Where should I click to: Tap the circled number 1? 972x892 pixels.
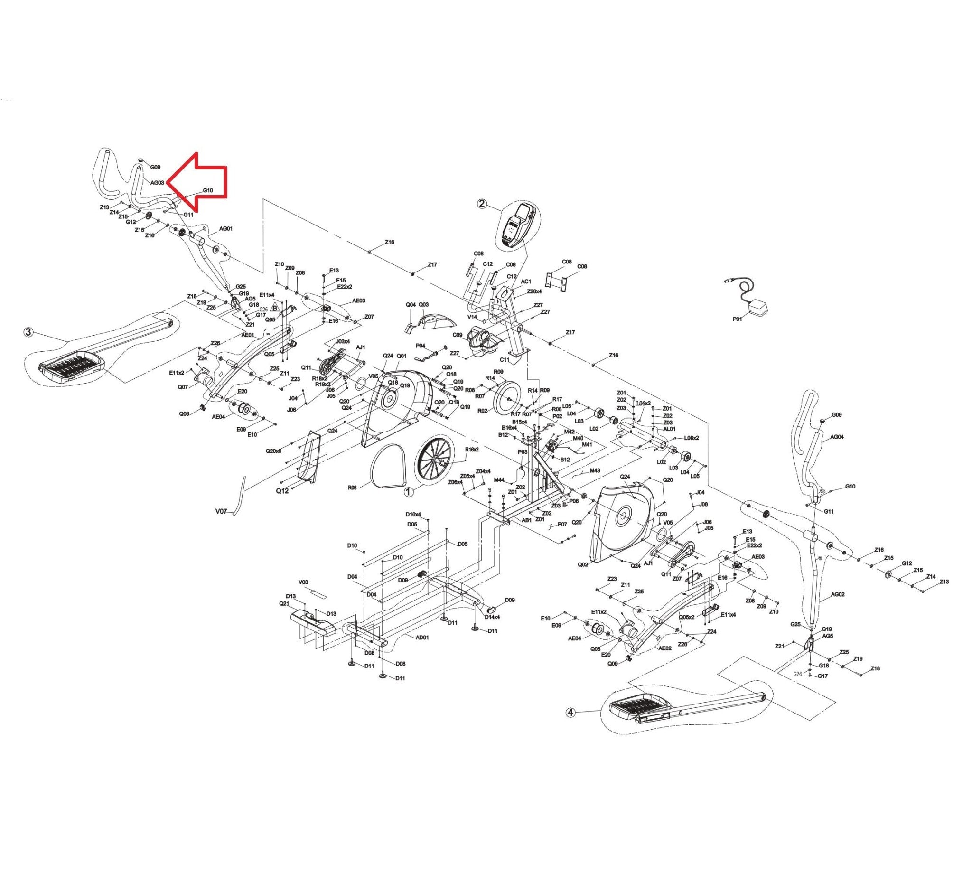click(409, 491)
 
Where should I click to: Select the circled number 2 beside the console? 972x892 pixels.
click(482, 204)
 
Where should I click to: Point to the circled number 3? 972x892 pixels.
click(29, 332)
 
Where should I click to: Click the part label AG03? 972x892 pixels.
click(158, 183)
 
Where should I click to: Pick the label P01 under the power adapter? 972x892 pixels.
click(737, 319)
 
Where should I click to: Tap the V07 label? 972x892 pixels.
click(221, 511)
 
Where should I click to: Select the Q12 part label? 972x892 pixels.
click(282, 491)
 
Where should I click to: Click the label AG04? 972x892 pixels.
click(837, 437)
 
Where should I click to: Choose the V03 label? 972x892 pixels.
click(303, 582)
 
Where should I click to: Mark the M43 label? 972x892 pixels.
click(595, 470)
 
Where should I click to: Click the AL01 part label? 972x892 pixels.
click(669, 429)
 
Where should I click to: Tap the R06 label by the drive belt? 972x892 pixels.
click(352, 488)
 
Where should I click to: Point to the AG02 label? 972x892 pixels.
click(838, 595)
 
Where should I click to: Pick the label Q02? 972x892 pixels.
click(583, 564)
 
